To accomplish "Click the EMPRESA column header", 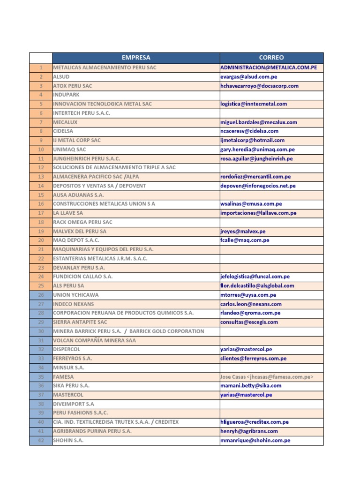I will (136, 58).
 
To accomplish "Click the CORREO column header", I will (271, 58).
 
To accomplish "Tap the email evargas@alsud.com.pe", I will (248, 77).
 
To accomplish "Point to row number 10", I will (41, 150).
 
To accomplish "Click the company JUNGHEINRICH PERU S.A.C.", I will (86, 158).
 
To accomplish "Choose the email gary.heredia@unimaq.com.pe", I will (257, 150).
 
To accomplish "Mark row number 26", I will (41, 295).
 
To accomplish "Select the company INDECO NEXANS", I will (74, 304).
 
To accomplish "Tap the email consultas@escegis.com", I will (249, 322).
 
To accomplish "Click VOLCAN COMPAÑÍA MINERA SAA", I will (94, 340).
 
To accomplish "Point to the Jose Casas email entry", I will (267, 377).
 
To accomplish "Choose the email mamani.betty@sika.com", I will (251, 386).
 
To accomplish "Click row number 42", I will (41, 441).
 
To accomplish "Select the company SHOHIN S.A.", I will (68, 441).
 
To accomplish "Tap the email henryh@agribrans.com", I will (249, 431).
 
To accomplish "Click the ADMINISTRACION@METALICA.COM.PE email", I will (269, 67).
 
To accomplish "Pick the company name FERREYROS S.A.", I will (72, 359).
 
